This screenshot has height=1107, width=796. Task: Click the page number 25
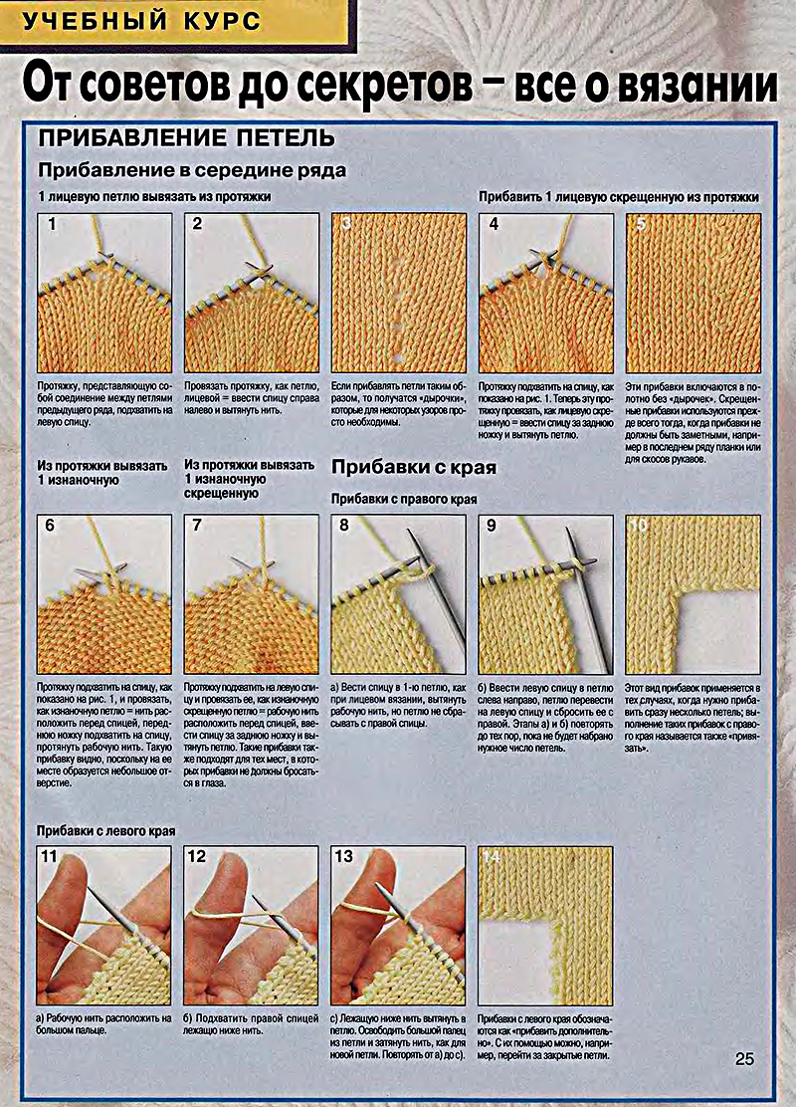[745, 1059]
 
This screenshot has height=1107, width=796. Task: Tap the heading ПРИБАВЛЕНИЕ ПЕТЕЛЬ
[186, 137]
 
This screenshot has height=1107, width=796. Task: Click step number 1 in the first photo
[51, 224]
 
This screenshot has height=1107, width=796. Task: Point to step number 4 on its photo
[494, 224]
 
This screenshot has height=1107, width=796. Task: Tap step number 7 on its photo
[197, 525]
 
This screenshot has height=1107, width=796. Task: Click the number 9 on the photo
[492, 525]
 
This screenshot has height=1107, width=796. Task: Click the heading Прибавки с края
[413, 467]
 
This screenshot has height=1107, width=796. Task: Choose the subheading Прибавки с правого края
[404, 498]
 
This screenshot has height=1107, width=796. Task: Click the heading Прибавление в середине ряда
[192, 170]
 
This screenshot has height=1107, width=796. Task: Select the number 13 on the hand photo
[344, 856]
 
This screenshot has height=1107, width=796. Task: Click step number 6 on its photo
[51, 525]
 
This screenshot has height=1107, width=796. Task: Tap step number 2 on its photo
[197, 224]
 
